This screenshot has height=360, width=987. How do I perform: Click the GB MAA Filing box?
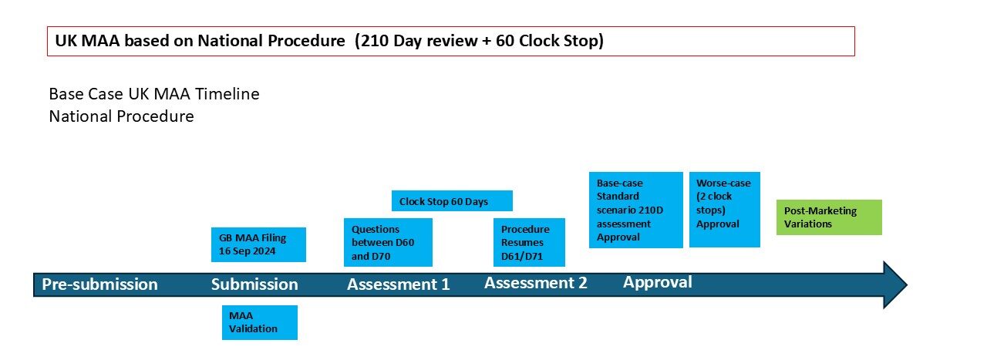coord(258,244)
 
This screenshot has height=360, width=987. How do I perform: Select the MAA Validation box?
coord(260,322)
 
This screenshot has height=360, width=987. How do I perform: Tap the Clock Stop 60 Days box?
coord(452,201)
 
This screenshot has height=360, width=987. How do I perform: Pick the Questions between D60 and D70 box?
coord(388,242)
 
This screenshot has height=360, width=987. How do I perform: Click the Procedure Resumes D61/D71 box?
coord(529,242)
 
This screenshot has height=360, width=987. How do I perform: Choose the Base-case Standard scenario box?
coord(636,210)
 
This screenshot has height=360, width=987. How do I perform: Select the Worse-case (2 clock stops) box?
coord(725,210)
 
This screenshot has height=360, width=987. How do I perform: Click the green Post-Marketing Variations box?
coord(829,217)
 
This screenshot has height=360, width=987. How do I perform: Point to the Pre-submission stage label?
coord(99,284)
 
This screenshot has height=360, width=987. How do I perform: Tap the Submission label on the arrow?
coord(254,284)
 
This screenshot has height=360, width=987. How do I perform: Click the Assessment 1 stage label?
coord(399,284)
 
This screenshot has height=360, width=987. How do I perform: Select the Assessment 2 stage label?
coord(536,283)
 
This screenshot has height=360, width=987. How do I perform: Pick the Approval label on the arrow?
coord(658,282)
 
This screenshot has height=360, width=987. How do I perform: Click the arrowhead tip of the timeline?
coord(907,284)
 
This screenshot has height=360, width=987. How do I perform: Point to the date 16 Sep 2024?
coord(248,251)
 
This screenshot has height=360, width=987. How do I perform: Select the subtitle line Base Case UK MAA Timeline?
coord(154,94)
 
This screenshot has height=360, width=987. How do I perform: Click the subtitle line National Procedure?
coord(121,116)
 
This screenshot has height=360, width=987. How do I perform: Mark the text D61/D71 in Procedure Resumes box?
coord(522,256)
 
